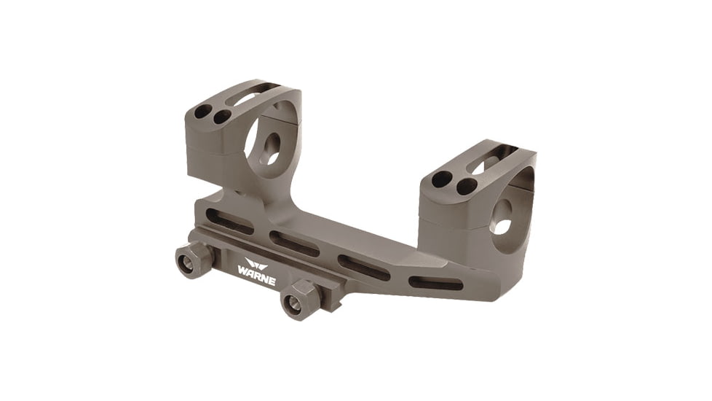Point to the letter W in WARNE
(242, 268)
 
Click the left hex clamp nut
(191, 260)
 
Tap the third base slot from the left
(363, 268)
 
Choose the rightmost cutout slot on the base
(435, 283)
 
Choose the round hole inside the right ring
(502, 217)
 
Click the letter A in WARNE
(249, 270)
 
